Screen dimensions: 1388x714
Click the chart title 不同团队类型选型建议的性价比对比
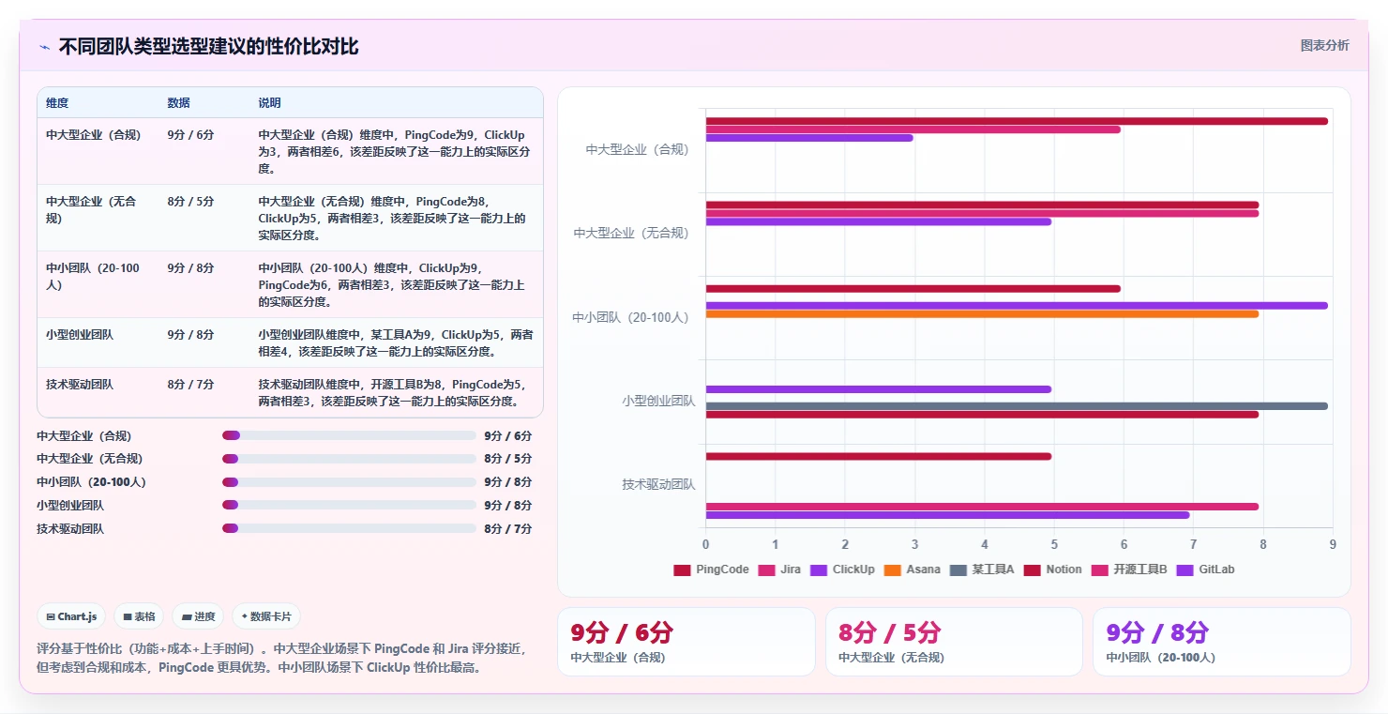point(208,47)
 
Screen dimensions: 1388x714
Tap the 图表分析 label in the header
point(1324,45)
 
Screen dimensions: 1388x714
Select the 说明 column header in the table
point(269,103)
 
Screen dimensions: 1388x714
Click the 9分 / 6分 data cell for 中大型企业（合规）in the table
point(190,135)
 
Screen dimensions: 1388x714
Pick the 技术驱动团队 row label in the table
point(80,385)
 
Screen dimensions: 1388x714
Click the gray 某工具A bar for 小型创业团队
point(1017,406)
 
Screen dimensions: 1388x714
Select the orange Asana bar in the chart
point(982,314)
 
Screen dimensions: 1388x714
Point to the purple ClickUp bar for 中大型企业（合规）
point(809,138)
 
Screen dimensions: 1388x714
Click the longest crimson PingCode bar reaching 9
point(1017,121)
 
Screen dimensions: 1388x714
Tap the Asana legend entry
point(913,570)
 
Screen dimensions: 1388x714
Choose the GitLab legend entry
point(1205,570)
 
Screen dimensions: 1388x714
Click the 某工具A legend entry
point(982,570)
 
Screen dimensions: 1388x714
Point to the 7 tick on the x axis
point(1194,544)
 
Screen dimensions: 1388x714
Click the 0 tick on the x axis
point(706,544)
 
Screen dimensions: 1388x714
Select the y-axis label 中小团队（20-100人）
point(630,317)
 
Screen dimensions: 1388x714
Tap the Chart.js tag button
point(71,616)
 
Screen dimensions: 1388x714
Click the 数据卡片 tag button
point(265,616)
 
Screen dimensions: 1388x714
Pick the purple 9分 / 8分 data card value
point(1157,632)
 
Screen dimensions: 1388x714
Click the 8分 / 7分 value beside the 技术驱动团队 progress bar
point(507,528)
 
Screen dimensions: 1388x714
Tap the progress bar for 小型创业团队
point(349,505)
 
